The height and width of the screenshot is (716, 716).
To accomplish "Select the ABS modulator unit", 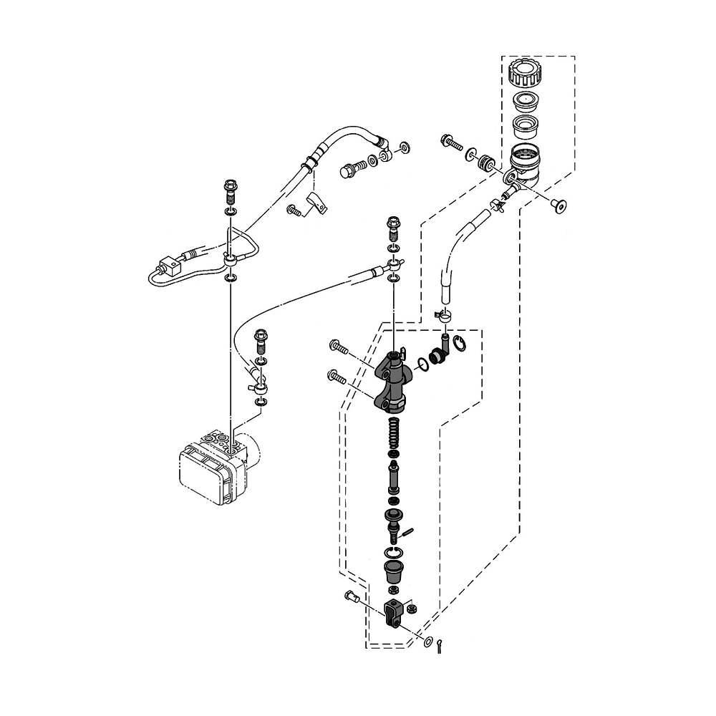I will (213, 468).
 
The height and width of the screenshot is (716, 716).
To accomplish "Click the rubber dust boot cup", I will (392, 571).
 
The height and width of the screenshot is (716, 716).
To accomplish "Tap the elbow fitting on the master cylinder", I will (438, 351).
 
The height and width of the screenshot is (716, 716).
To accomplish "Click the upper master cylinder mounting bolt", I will (339, 348).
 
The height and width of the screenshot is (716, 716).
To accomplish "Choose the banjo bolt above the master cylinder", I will (393, 228).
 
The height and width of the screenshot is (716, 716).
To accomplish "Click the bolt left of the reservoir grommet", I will (450, 142).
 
